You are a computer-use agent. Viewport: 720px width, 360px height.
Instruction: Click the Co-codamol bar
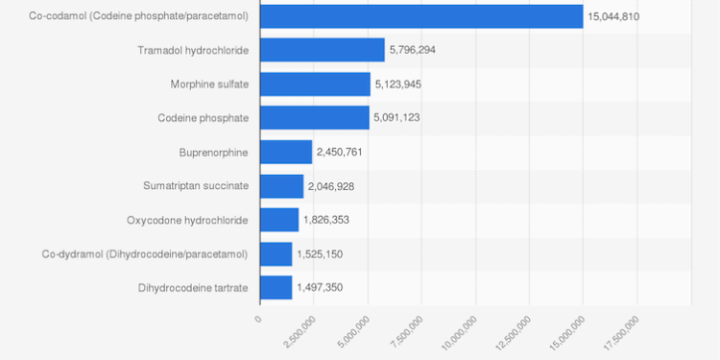click(421, 16)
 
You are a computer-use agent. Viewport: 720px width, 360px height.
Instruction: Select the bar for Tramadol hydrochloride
click(322, 50)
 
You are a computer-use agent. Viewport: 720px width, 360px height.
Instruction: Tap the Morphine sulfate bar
click(315, 84)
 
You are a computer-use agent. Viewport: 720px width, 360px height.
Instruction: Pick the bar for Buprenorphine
click(286, 152)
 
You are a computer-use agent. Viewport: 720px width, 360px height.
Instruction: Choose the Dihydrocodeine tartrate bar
click(276, 287)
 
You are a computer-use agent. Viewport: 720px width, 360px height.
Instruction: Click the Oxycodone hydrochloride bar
click(279, 220)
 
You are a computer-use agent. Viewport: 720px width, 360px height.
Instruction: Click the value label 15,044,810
click(613, 16)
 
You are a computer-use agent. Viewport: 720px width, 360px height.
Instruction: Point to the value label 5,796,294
click(412, 50)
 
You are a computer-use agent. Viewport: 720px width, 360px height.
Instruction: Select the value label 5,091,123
click(396, 118)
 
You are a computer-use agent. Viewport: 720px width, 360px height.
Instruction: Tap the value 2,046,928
click(330, 186)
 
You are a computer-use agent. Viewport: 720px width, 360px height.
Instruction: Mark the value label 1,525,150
click(319, 254)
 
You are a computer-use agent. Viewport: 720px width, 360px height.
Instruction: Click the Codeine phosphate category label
click(203, 118)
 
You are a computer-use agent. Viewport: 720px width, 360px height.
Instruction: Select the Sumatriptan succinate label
click(195, 186)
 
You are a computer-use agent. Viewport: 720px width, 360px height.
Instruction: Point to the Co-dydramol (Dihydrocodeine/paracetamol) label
click(144, 254)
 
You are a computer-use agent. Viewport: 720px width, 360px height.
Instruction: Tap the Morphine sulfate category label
click(209, 84)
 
